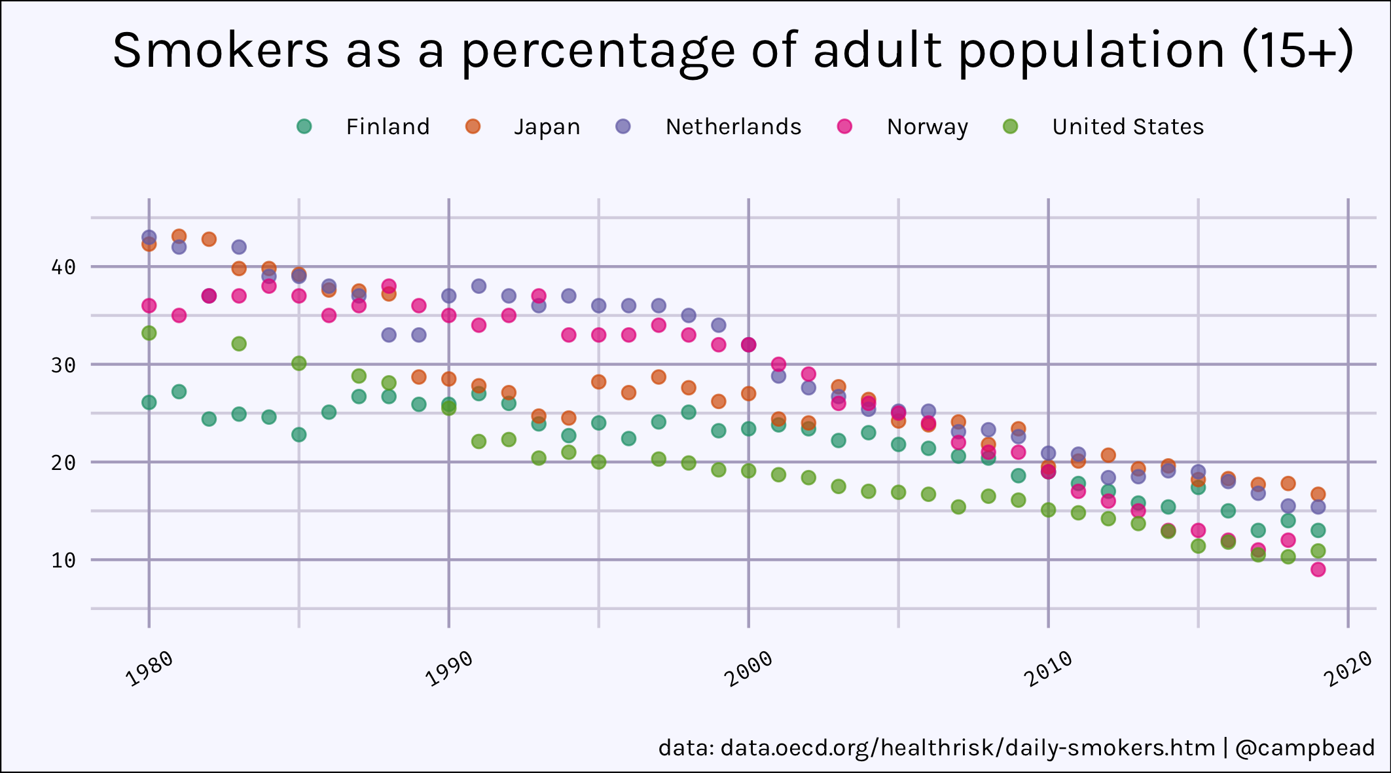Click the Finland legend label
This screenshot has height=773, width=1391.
coord(388,126)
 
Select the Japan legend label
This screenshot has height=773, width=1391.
coord(547,126)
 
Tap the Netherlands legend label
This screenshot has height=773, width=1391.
coord(733,126)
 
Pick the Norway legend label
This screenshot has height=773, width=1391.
coord(927,126)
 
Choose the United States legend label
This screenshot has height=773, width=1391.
coord(1128,126)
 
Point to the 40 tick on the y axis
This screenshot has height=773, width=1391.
coord(63,267)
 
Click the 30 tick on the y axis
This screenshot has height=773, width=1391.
coord(63,365)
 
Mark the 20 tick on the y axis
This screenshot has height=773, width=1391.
coord(63,463)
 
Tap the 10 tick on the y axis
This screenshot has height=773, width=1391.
coord(63,560)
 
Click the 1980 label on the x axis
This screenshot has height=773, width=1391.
coord(150,668)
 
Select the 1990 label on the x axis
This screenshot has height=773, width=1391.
coord(450,668)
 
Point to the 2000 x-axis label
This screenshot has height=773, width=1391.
coord(750,668)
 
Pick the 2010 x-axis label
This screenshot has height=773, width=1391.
coord(1049,668)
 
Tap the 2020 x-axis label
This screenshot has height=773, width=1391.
coord(1349,668)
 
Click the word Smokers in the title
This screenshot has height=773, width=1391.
coord(221,50)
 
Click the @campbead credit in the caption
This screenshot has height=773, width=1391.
coord(1305,747)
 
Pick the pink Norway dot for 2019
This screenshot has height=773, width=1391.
coord(1318,569)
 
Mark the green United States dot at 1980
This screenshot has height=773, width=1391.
coord(149,333)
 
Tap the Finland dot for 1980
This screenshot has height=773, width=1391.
coord(149,403)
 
